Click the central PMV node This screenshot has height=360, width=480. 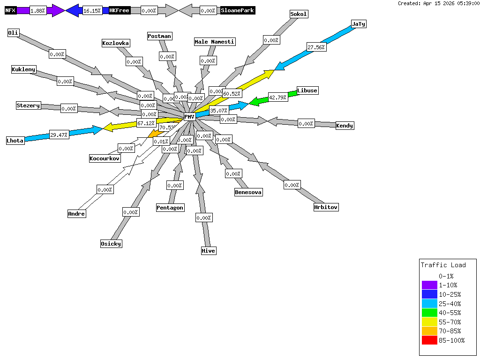(x=189, y=117)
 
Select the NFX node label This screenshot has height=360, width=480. (x=11, y=10)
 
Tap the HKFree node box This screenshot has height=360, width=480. (x=119, y=10)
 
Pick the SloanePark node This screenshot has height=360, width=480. (x=238, y=10)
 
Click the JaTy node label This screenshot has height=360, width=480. (x=359, y=24)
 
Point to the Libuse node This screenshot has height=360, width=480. (x=307, y=90)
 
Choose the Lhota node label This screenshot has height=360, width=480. (x=15, y=141)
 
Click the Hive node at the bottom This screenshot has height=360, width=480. (x=209, y=251)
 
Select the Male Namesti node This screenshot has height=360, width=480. (x=215, y=42)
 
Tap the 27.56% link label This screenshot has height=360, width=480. (x=316, y=47)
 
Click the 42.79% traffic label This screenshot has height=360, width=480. (x=277, y=97)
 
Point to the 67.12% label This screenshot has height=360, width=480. (x=146, y=123)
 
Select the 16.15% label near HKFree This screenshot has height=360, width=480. (x=92, y=10)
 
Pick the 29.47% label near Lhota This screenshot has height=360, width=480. (x=59, y=135)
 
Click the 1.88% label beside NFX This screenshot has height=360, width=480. (x=38, y=10)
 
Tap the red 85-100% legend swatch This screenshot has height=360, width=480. (x=429, y=340)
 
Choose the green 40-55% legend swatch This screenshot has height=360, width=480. (x=429, y=313)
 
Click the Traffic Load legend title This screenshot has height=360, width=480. (x=443, y=265)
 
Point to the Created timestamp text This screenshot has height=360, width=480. (x=438, y=3)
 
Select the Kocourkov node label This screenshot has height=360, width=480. (x=105, y=158)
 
